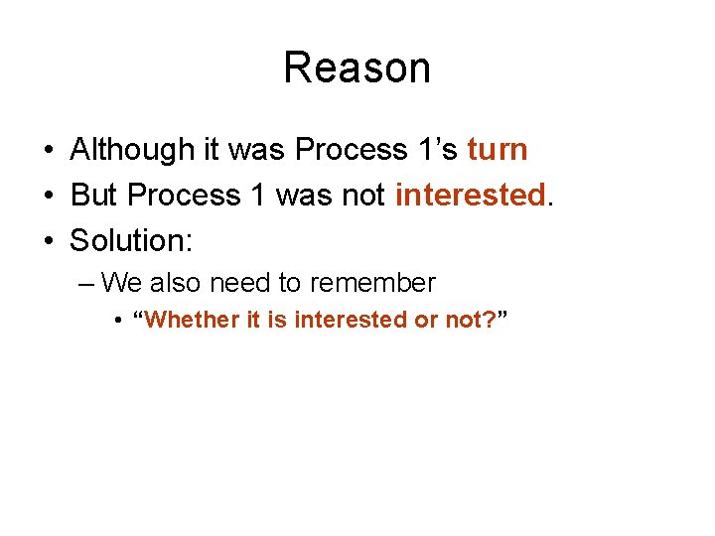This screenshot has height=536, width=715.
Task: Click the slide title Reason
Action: pos(357,68)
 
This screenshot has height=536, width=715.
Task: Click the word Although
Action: pos(132,150)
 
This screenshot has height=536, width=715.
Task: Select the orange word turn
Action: pos(497,150)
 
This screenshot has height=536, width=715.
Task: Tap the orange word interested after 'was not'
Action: pos(470,196)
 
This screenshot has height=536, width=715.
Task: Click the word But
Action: pos(94,196)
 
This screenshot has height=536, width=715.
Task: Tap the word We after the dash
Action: pos(122,284)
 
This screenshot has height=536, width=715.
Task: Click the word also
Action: pos(176,284)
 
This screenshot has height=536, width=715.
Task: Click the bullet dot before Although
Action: pos(48,151)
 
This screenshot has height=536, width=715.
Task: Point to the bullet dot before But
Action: pos(48,197)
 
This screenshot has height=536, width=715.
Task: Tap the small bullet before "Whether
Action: pos(117,321)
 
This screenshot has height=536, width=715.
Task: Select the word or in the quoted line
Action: pos(425,321)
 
